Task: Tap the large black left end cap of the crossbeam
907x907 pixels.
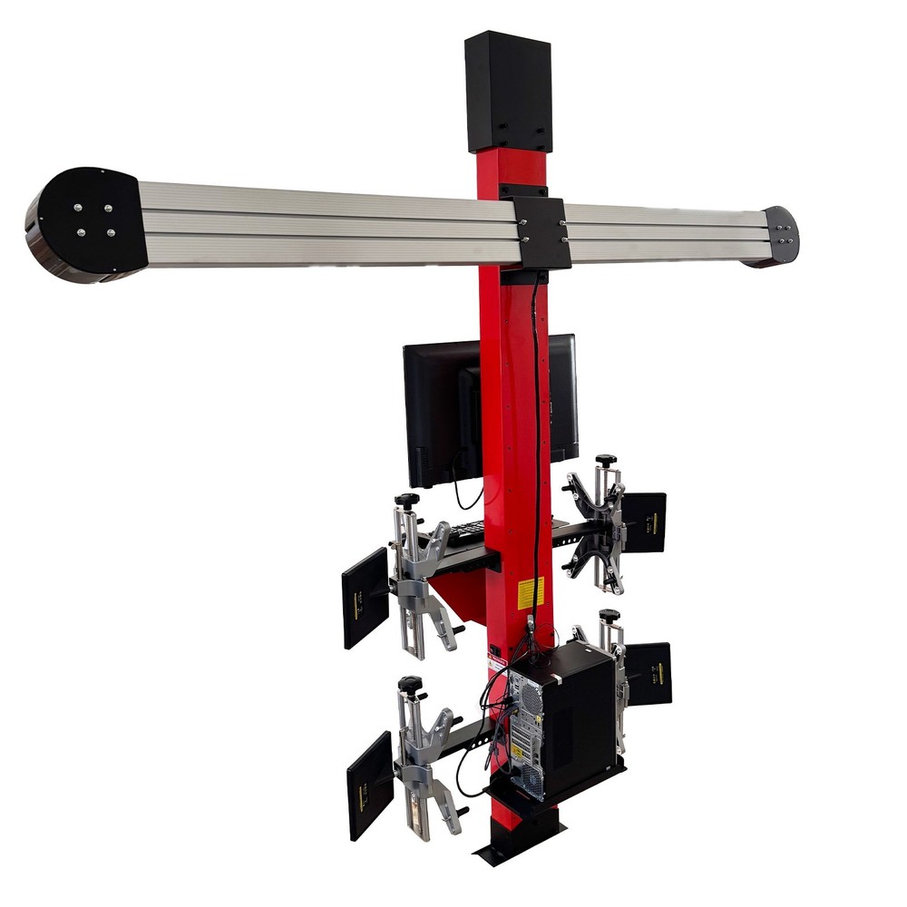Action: point(86,221)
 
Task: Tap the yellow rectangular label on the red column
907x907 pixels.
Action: point(530,592)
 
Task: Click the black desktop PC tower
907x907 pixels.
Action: point(562,717)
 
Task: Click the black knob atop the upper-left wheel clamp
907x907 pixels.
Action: point(406,500)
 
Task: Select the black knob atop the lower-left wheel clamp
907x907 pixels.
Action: point(410,683)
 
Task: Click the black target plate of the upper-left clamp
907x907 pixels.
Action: point(366,597)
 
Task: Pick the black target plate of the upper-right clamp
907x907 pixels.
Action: point(645,522)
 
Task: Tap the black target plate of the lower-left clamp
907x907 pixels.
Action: point(370,785)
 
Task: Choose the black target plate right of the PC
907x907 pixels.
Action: point(649,674)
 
